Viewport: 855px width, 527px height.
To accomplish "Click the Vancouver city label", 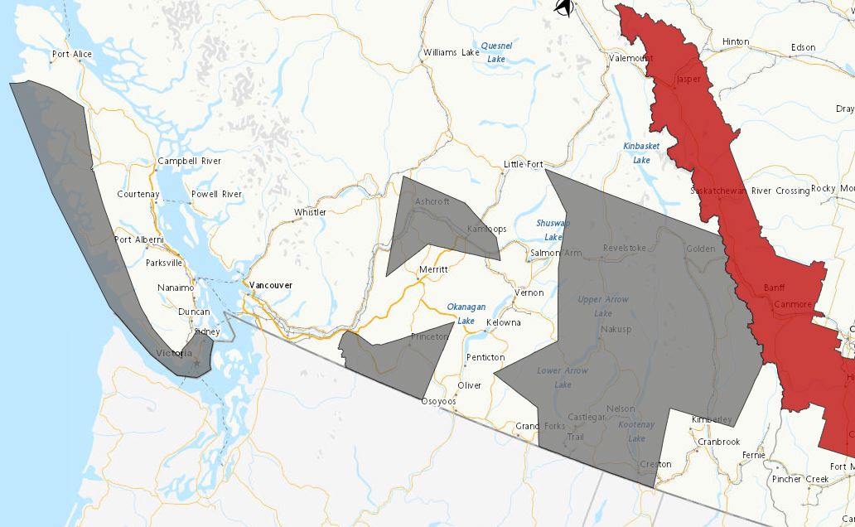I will coord(270,285).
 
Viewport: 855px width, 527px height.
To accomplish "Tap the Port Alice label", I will coord(72,55).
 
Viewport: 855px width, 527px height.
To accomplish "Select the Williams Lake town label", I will coord(451,52).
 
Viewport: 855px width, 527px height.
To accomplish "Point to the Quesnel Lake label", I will coord(497,52).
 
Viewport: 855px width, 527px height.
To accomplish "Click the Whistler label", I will coord(310,213).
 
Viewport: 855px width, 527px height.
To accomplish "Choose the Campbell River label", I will coord(189,161).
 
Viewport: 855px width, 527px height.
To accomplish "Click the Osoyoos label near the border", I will coord(438,402).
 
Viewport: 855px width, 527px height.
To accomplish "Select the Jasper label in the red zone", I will coord(688,80).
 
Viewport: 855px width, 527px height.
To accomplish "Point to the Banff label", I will coord(775,288).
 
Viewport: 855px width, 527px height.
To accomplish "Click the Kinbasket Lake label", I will coord(641,152).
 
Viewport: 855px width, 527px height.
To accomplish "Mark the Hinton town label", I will coord(735,41).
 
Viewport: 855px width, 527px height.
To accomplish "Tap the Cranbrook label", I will coord(717,442).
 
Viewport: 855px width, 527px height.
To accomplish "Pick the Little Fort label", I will coord(523,164).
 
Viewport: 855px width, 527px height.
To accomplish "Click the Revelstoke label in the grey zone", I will coord(624,248).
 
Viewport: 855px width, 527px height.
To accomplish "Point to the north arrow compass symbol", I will coord(564,7).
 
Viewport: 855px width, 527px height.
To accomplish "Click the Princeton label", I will coord(429,337).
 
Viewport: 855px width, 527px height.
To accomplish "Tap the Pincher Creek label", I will coord(799,479).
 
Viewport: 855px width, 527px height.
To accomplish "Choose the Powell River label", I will coord(216,194).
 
